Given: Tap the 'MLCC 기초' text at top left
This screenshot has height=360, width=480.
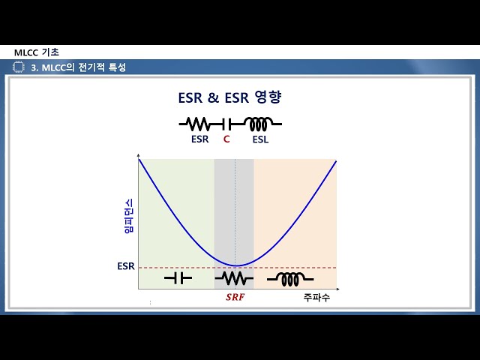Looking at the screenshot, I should [x=37, y=52].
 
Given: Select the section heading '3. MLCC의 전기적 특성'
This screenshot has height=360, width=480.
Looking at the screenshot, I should [x=78, y=67].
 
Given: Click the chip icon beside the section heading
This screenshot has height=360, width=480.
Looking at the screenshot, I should [x=19, y=67].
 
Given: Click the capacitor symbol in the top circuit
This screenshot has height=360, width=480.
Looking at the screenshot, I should [x=227, y=122].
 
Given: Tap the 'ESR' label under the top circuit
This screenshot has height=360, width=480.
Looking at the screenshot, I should [x=199, y=139].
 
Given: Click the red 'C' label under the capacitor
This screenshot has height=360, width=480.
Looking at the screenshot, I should [x=226, y=139].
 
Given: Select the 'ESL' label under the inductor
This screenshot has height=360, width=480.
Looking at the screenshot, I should [x=260, y=139].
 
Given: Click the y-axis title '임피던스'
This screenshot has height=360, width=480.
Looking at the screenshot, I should [x=127, y=216].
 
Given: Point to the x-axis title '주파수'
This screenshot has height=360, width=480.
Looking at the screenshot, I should [x=316, y=298].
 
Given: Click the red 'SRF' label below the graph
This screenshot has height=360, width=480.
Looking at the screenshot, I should [x=235, y=297].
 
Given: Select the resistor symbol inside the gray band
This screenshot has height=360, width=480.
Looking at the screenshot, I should [x=234, y=278].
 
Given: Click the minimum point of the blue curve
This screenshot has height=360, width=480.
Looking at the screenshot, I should [x=235, y=265].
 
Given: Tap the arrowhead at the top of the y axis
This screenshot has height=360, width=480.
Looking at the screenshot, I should [x=138, y=159].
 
